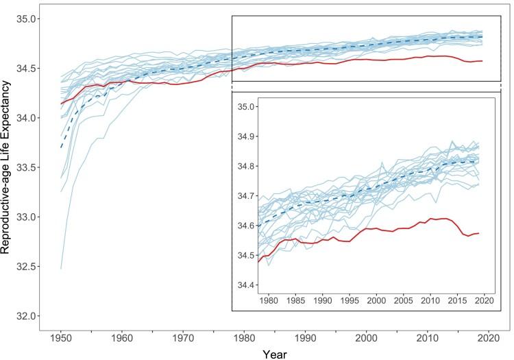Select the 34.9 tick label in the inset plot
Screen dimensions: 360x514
click(x=244, y=137)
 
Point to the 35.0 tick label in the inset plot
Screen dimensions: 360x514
click(x=244, y=107)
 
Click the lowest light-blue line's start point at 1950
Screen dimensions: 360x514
click(x=62, y=269)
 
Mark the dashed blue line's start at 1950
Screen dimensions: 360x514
click(x=62, y=147)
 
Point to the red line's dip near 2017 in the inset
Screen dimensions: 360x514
click(x=469, y=236)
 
